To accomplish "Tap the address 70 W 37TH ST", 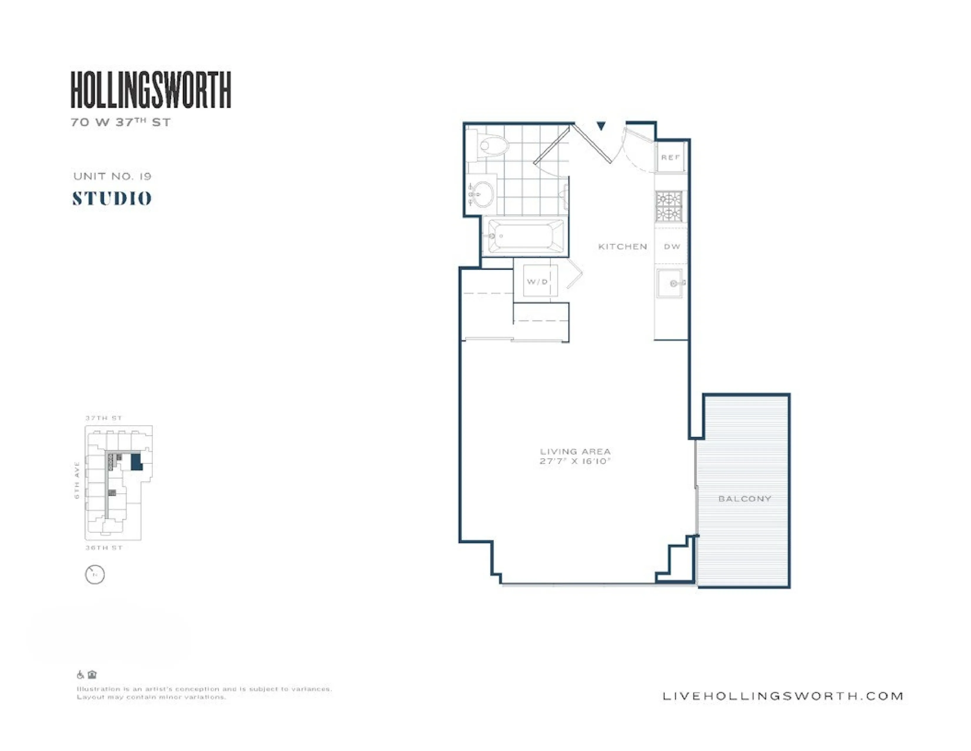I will [x=120, y=122].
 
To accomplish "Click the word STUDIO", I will [x=112, y=198].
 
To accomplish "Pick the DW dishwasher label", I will [x=672, y=247].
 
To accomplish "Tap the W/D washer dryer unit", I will [x=538, y=281].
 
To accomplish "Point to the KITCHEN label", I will [x=622, y=247].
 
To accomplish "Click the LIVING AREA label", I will [x=575, y=451].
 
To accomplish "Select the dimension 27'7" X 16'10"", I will [x=575, y=461].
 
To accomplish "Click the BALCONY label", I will [x=744, y=499].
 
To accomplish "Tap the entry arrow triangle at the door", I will [x=601, y=126].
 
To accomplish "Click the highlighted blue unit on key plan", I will [x=136, y=462].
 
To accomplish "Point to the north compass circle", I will [x=95, y=574].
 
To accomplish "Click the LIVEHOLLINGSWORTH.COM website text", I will [x=782, y=696].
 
